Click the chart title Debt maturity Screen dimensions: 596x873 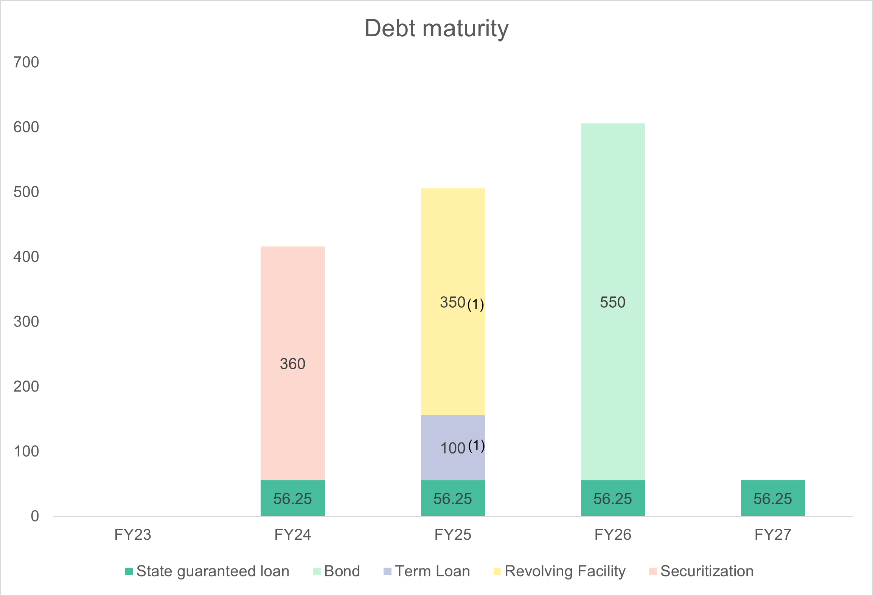(x=436, y=29)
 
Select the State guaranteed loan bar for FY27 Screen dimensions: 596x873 (x=773, y=498)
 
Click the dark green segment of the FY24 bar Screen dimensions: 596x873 (x=292, y=498)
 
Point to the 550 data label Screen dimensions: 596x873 (x=612, y=302)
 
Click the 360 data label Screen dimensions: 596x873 (x=292, y=364)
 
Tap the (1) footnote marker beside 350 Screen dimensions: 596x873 (x=475, y=305)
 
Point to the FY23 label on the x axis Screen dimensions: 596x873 (x=132, y=535)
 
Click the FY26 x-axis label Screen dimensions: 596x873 (x=613, y=535)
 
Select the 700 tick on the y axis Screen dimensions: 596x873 (x=26, y=62)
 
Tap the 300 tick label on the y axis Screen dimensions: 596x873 (x=26, y=322)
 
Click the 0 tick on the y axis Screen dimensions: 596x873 (x=35, y=516)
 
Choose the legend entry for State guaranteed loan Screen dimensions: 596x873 (x=207, y=571)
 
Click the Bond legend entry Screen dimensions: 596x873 (x=337, y=571)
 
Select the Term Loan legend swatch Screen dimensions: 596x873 (x=387, y=571)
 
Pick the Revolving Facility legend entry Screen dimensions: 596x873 (x=560, y=571)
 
